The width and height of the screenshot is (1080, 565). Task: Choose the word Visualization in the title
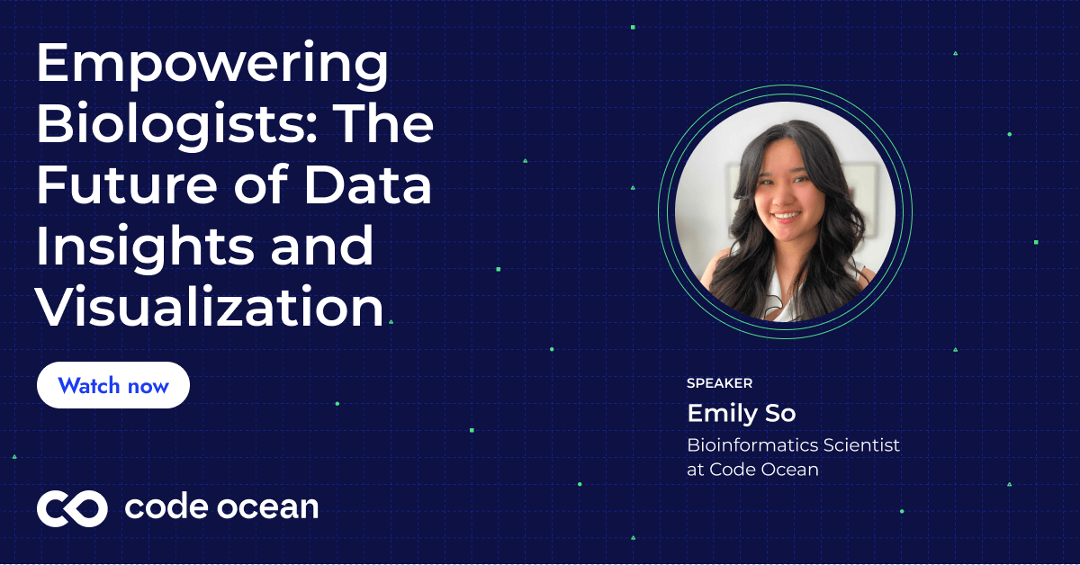pos(210,307)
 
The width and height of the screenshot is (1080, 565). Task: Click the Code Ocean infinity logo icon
pos(72,508)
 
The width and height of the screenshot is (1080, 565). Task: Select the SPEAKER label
pos(719,383)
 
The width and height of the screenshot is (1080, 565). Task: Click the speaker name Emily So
pos(742,413)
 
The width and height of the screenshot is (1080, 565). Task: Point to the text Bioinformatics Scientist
pos(793,445)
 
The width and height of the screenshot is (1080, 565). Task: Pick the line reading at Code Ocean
pos(752,469)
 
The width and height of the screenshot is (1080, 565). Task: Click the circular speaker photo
pos(785,211)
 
